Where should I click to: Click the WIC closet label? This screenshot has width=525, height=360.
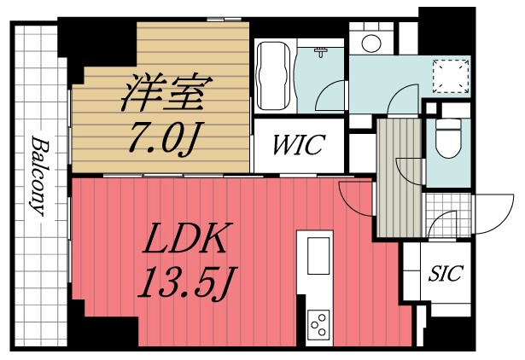(298, 145)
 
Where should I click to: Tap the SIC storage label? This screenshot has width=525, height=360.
(445, 275)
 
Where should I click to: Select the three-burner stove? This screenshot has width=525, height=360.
(318, 327)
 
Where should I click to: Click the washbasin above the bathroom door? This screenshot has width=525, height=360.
(323, 53)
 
